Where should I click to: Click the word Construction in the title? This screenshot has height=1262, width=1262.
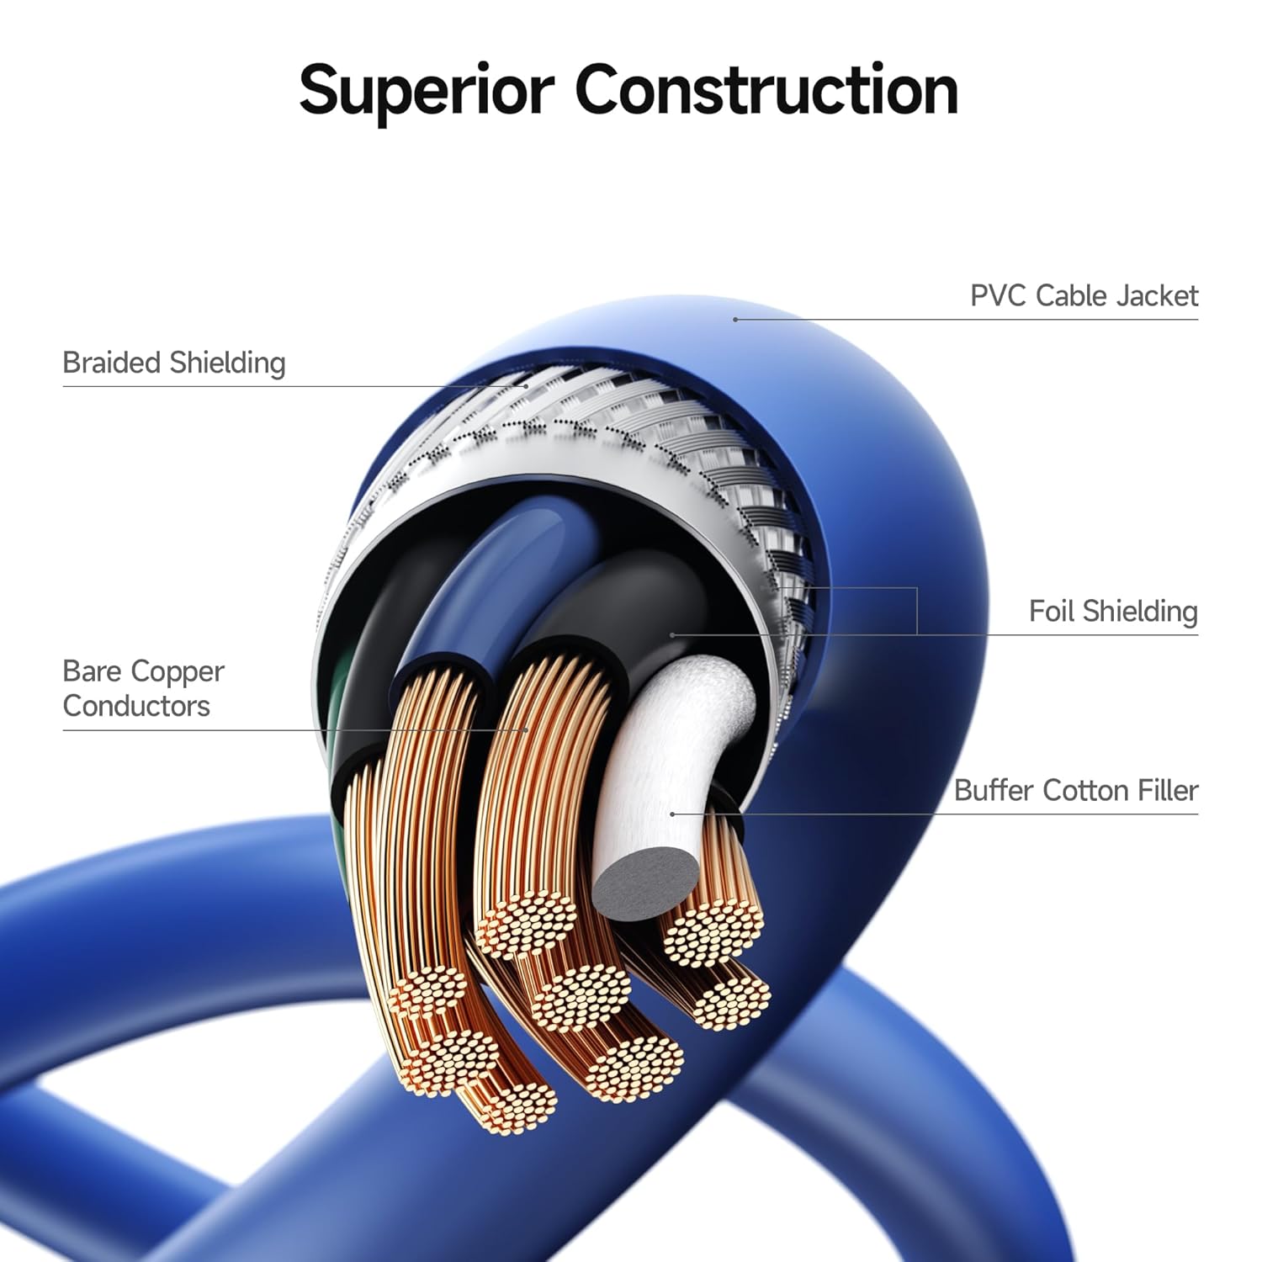click(x=766, y=89)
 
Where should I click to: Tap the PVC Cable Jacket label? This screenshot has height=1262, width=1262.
click(x=1084, y=296)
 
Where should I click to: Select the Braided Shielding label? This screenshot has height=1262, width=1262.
click(x=174, y=363)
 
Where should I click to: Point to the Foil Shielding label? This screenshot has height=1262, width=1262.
click(x=1112, y=612)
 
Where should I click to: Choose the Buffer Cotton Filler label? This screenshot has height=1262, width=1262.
click(x=1075, y=791)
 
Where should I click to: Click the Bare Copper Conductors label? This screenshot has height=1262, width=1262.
click(x=143, y=688)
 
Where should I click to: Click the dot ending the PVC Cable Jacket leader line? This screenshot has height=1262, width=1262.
click(x=735, y=320)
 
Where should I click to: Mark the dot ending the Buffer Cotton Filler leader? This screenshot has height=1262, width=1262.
click(x=672, y=814)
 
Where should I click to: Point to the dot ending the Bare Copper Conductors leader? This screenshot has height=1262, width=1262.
click(x=527, y=729)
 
